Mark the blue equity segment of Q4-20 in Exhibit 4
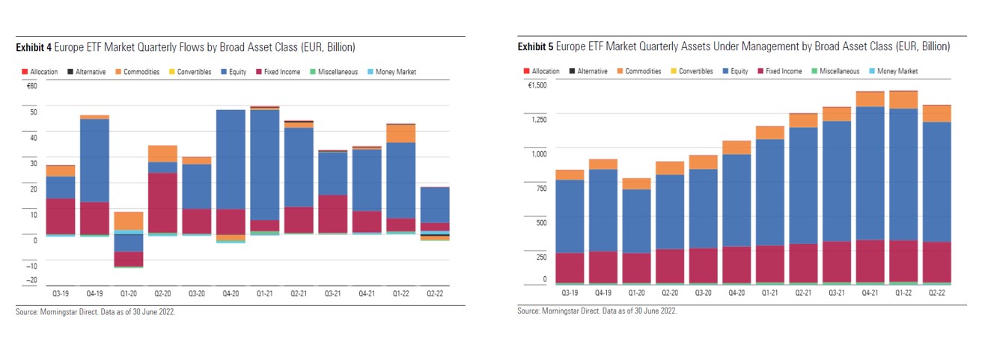coord(231,159)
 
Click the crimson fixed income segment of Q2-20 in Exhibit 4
coord(162,203)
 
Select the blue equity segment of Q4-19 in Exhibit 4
coord(94,160)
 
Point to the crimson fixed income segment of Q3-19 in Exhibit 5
coord(570,268)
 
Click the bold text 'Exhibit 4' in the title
coord(34,47)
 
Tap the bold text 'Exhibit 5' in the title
coord(535,46)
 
